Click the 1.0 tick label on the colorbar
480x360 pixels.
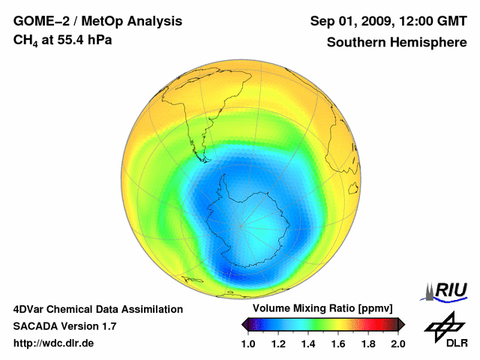(x=248, y=343)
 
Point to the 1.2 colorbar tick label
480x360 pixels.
(x=278, y=343)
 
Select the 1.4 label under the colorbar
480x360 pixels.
(x=308, y=343)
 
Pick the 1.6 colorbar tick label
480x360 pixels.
(x=338, y=343)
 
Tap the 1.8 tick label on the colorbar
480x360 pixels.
(x=368, y=343)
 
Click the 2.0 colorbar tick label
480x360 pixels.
(x=397, y=343)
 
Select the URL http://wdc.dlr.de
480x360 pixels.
(x=54, y=343)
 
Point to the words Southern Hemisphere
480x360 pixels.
(x=397, y=43)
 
